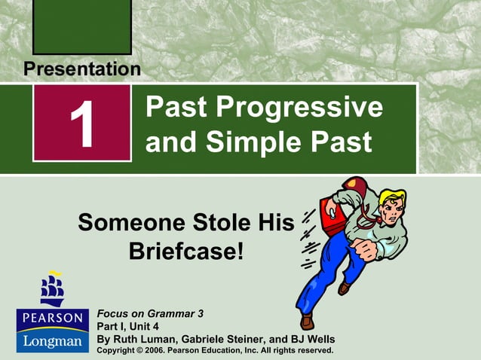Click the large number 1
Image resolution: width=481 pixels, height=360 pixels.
pos(81,124)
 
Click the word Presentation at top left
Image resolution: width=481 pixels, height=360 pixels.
pos(81,69)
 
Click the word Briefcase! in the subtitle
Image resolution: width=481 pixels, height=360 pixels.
pos(187,250)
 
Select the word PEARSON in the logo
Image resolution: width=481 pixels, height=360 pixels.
pos(51,317)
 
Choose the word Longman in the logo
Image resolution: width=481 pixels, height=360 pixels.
pos(51,341)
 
